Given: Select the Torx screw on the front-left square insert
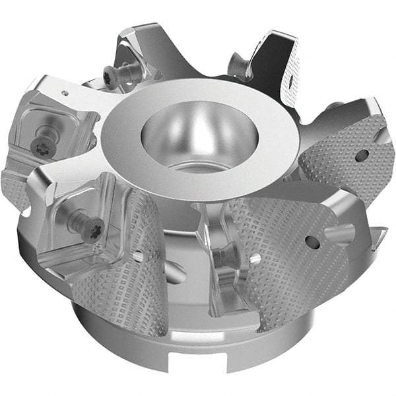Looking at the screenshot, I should click(x=90, y=224).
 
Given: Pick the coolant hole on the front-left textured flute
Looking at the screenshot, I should click(x=138, y=255).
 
